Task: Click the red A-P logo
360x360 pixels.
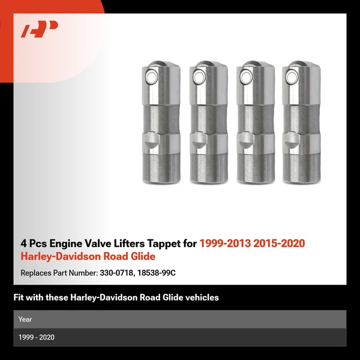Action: click(40, 29)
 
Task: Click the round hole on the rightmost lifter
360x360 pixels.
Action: click(294, 77)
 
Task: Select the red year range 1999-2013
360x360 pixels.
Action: click(225, 244)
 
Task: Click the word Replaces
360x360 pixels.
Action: click(35, 272)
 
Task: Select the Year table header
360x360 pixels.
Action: click(25, 319)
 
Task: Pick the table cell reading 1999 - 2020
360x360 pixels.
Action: click(37, 337)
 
